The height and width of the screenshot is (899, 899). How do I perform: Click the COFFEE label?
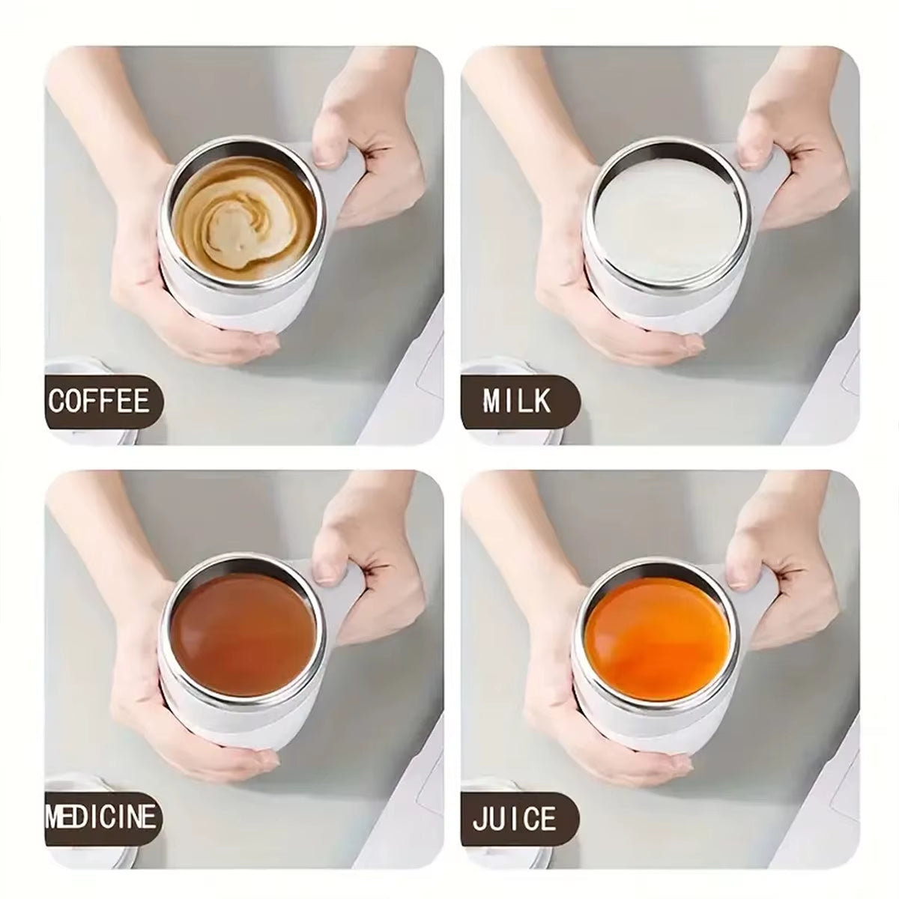pyautogui.click(x=100, y=402)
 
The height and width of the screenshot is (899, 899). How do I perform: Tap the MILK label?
pyautogui.click(x=517, y=402)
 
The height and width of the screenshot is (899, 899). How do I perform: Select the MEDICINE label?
pyautogui.click(x=103, y=816)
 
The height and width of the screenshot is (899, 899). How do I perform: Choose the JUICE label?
pyautogui.click(x=515, y=818)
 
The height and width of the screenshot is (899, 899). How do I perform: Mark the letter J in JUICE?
pyautogui.click(x=479, y=818)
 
